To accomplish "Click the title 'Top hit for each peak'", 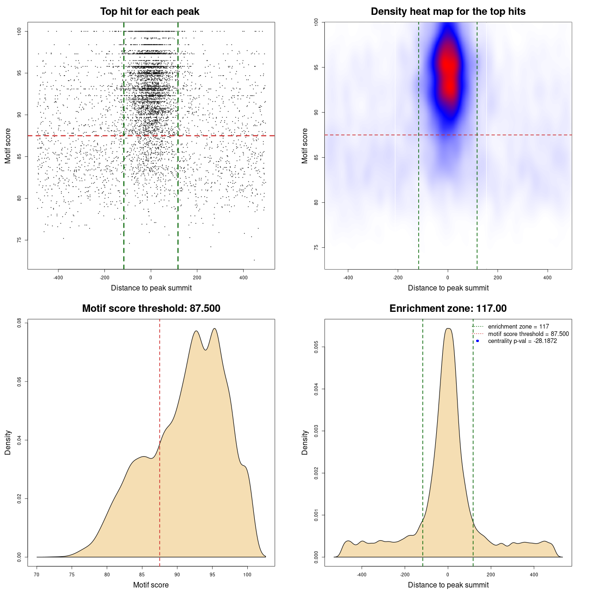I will coord(150,12).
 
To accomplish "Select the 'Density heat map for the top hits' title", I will coord(448,12).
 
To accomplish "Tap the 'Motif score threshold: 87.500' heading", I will coord(151,309).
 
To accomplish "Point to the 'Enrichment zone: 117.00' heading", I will coord(448,309).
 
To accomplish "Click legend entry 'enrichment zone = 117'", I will coord(518,327).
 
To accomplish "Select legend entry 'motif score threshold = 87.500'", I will coord(528,334).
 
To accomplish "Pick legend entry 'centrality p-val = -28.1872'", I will coord(522,341).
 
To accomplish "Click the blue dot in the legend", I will coord(478,341).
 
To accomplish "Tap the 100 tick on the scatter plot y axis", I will coord(19,31).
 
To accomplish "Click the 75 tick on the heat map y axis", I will coord(316,247).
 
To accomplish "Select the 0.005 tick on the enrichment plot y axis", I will coord(316,347).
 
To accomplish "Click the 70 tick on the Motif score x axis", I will coord(37,575).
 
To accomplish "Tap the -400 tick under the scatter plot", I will coord(58,278).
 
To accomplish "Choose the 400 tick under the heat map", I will coord(548,278).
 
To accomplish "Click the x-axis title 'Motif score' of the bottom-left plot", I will coord(151,585).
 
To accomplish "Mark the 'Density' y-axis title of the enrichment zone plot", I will coord(305,442).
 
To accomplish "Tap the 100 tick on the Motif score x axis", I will coord(247,575).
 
